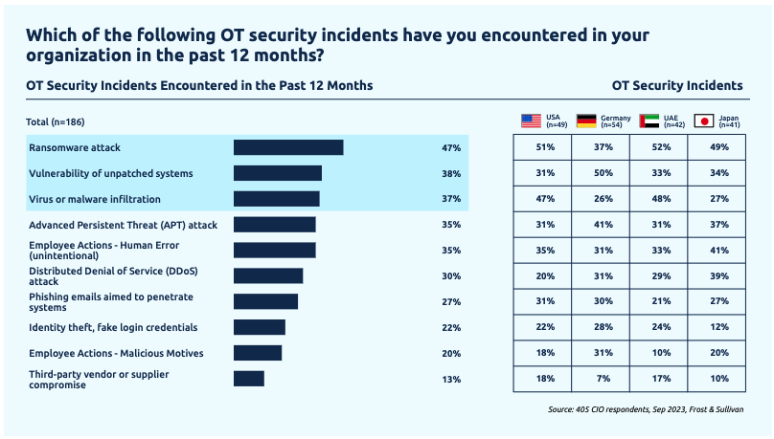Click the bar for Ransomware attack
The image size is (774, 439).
tap(288, 147)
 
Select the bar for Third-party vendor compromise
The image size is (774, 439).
tap(249, 379)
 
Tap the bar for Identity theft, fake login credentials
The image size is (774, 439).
tap(260, 327)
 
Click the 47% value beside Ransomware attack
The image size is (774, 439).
tap(451, 148)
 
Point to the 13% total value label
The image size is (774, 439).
tap(451, 380)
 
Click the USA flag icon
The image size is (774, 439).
tap(531, 121)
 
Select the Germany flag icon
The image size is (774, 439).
tap(586, 121)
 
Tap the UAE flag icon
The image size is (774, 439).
tap(649, 121)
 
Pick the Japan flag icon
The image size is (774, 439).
tap(704, 121)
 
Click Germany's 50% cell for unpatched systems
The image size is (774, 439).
tap(601, 173)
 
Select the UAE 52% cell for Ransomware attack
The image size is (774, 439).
tap(658, 147)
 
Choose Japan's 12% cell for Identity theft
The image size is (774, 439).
tap(717, 328)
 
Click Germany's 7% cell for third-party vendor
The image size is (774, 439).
tap(601, 380)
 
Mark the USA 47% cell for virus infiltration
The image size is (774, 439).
tap(542, 199)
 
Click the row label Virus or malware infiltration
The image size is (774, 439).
tap(95, 199)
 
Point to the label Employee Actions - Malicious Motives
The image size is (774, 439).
tap(116, 353)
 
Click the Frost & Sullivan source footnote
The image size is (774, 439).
tap(646, 409)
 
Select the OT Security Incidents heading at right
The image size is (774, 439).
tap(676, 85)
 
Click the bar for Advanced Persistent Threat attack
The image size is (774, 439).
tap(275, 225)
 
